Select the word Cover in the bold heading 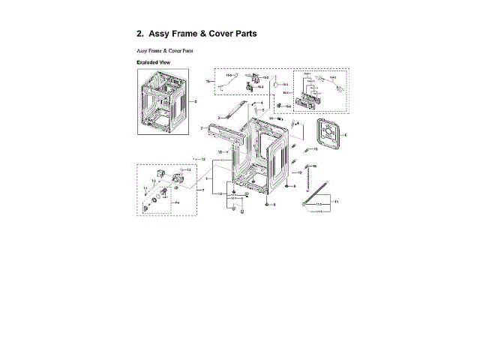coord(228,34)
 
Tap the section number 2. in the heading coord(140,34)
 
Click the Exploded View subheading coord(153,61)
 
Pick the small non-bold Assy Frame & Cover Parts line coord(164,49)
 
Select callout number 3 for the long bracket coord(218,118)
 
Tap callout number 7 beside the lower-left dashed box coord(202,190)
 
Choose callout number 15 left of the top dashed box coord(208,81)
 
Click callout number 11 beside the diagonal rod coord(336,202)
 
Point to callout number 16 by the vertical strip coord(315,166)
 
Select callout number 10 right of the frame coord(316,149)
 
